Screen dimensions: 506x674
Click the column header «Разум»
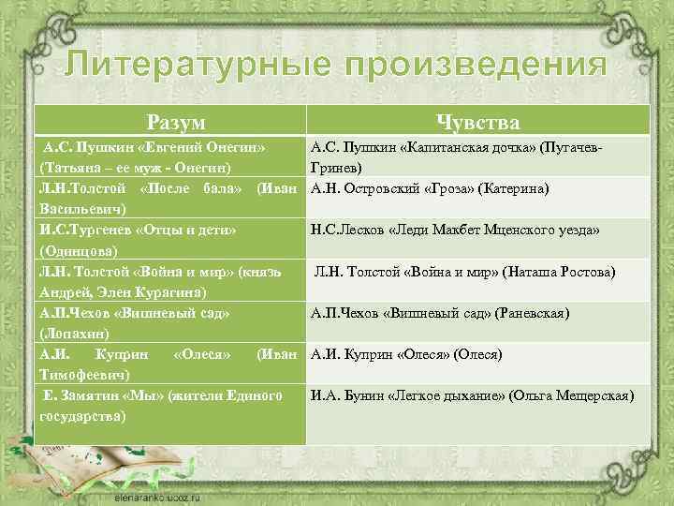click(176, 122)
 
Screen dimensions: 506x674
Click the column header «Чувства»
click(477, 122)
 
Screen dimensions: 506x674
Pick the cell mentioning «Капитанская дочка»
click(477, 157)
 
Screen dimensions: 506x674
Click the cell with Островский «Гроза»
click(477, 189)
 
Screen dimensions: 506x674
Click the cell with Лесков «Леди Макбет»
click(477, 231)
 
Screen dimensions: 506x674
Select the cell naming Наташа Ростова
click(477, 273)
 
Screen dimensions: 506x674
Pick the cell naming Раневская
click(477, 313)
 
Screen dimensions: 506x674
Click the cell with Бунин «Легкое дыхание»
click(477, 396)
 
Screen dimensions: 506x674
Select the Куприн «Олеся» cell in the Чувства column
click(477, 354)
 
